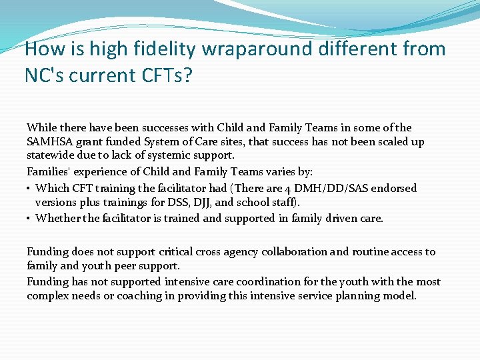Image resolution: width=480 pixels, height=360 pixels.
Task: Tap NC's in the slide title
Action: [47, 75]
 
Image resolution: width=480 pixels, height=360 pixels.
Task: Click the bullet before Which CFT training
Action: [29, 189]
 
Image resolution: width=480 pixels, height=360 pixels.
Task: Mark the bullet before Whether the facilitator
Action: [29, 218]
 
